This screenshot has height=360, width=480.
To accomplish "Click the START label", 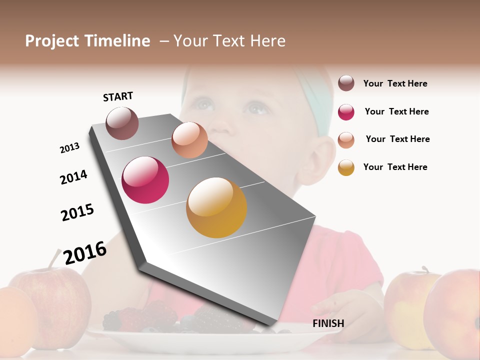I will (x=118, y=96).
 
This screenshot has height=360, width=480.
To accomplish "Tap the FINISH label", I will (x=328, y=323).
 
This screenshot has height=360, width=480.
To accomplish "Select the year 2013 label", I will (x=69, y=148).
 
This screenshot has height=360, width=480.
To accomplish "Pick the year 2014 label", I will (x=73, y=177).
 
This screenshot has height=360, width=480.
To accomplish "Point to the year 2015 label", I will (x=77, y=212).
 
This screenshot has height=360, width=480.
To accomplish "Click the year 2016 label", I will (x=85, y=253).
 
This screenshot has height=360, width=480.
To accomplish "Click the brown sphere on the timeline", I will (x=122, y=123).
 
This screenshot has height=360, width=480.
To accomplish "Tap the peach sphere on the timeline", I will (x=189, y=140).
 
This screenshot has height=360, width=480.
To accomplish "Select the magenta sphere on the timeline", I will (x=145, y=180).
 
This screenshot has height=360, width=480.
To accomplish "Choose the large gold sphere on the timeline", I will (x=216, y=207).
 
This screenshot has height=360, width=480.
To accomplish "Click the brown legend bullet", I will (x=346, y=83).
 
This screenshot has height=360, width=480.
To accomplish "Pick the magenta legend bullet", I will (x=346, y=112).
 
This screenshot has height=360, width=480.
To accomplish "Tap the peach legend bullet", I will (x=346, y=140).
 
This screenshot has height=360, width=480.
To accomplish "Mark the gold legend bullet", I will (x=346, y=167).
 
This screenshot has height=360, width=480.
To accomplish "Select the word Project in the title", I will (x=52, y=41).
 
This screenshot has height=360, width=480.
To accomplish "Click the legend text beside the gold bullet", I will (x=395, y=167).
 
